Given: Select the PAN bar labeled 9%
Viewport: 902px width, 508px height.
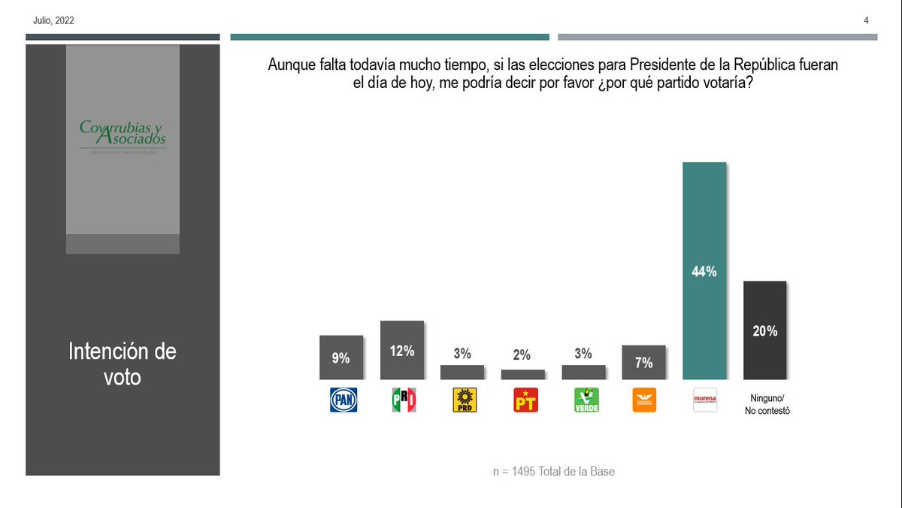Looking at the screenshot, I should point(341,357).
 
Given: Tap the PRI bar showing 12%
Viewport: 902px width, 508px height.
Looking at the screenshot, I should point(402,350).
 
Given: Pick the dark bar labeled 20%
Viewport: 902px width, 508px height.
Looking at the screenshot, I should point(764,330).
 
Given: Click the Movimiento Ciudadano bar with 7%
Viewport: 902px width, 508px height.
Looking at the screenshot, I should point(644,362).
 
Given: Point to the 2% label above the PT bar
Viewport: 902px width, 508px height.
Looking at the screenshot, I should point(522,355).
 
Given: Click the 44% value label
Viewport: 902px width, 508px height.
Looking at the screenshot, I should point(704,272).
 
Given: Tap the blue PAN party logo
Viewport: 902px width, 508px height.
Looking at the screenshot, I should point(344,400).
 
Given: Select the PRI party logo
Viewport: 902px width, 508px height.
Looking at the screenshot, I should point(404,400).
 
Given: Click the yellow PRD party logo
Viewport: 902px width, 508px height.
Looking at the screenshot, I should point(464,400).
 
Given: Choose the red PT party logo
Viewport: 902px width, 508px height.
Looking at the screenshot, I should point(525,400).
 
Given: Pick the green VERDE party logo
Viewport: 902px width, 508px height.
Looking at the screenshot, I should point(586,400).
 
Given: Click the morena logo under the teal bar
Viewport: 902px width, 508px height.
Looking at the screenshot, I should point(705,400).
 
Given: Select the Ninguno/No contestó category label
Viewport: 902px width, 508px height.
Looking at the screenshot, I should point(766,404).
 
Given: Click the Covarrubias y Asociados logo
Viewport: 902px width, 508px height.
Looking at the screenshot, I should point(123,136).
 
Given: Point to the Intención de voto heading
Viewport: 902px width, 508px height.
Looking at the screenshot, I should point(123,364).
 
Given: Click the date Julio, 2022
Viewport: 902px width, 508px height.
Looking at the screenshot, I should point(53,20).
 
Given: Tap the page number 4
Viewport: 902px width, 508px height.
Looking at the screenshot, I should point(866,20).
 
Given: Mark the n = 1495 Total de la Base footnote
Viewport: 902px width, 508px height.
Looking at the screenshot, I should point(554,472).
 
